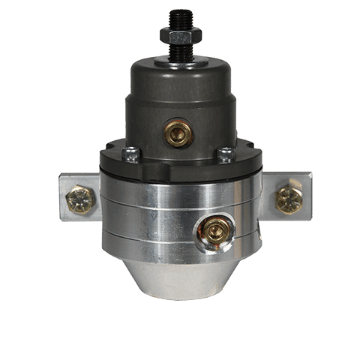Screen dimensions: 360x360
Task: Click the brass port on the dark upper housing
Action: tap(178, 133)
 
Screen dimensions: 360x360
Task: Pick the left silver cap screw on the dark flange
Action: tap(131, 154)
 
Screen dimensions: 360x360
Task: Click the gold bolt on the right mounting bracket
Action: tap(289, 198)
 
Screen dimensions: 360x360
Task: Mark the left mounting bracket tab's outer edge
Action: tap(62, 197)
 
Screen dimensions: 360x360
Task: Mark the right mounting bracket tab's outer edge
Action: tap(310, 197)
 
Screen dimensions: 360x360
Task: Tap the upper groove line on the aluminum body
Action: tap(150, 200)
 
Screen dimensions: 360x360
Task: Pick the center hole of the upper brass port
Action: tap(178, 134)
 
